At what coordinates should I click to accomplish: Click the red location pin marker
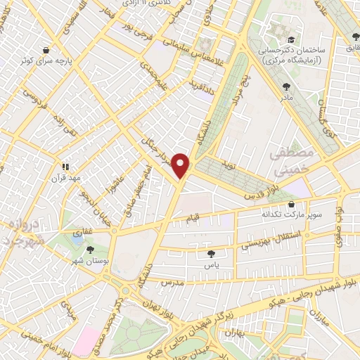coord(182,165)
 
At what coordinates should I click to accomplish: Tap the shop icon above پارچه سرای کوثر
coord(46,51)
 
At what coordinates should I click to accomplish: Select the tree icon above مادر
coord(285,86)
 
